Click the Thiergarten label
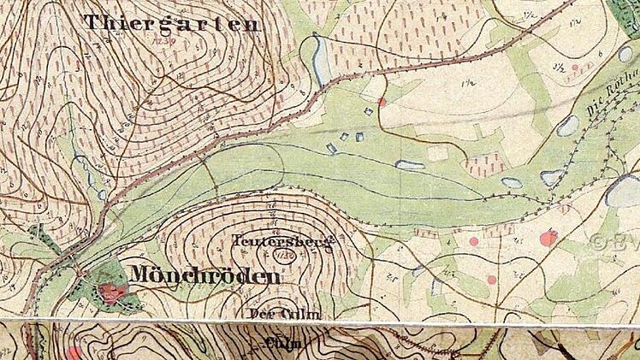pyautogui.click(x=171, y=23)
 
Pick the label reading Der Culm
pyautogui.click(x=284, y=315)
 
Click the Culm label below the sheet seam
pyautogui.click(x=286, y=343)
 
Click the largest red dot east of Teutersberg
pyautogui.click(x=548, y=238)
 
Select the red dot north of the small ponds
pyautogui.click(x=382, y=102)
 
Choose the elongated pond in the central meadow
pyautogui.click(x=410, y=165)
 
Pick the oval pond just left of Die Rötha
pyautogui.click(x=567, y=126)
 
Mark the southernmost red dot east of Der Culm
pyautogui.click(x=492, y=280)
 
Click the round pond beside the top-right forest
pyautogui.click(x=625, y=54)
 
